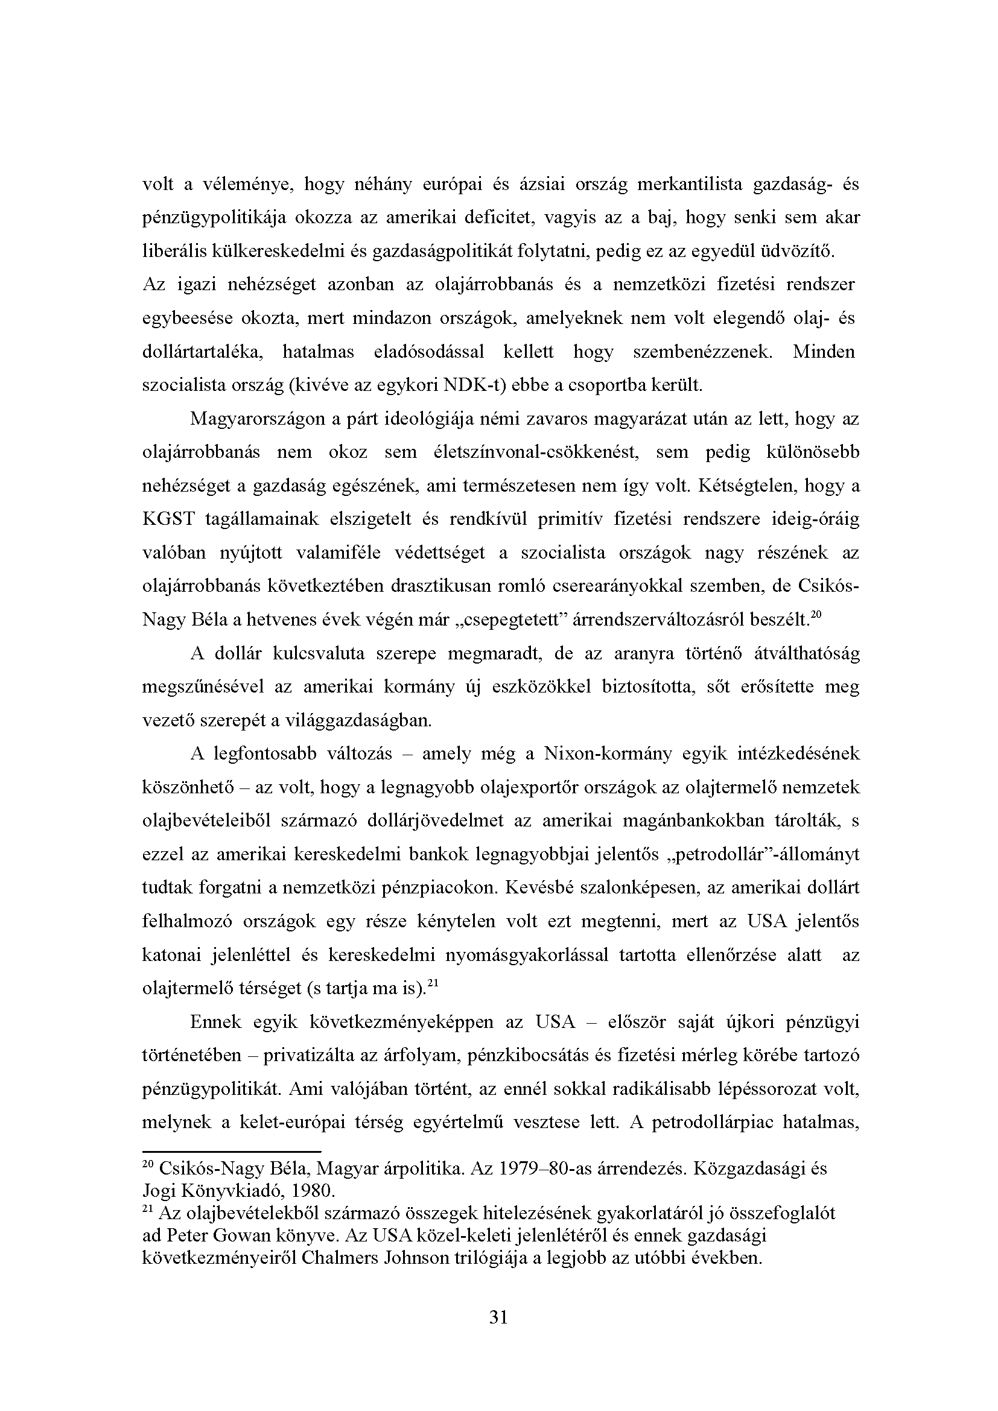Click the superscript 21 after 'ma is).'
(432, 983)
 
